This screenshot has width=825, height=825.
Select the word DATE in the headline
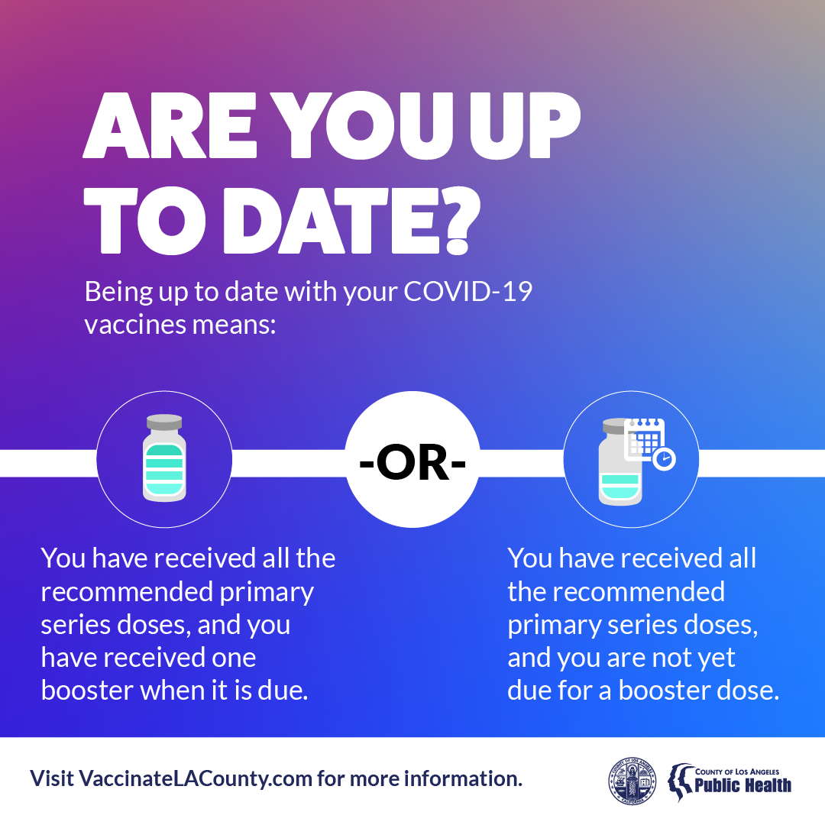tap(332, 221)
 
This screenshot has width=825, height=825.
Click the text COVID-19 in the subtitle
tap(467, 292)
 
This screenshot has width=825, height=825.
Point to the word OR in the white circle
tap(412, 462)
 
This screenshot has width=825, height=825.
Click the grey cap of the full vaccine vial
tap(164, 422)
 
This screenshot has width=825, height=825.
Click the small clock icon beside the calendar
tap(664, 459)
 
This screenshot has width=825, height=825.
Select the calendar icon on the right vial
tap(644, 438)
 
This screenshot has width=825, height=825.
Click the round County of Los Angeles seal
tap(632, 781)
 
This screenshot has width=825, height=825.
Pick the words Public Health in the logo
tap(743, 785)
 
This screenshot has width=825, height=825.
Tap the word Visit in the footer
tap(51, 778)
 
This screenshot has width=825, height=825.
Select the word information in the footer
tap(462, 778)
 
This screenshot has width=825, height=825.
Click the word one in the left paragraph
tap(234, 658)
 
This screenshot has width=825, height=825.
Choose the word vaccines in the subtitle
tap(135, 325)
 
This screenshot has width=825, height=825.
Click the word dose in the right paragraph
tap(748, 691)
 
